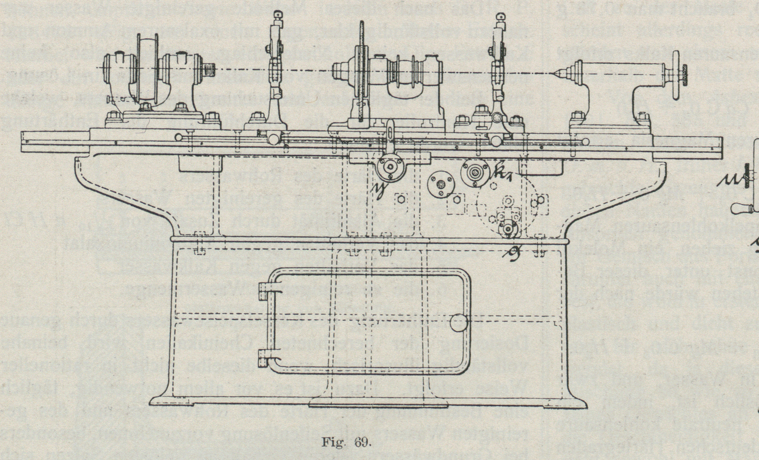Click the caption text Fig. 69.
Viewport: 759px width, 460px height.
(346, 443)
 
